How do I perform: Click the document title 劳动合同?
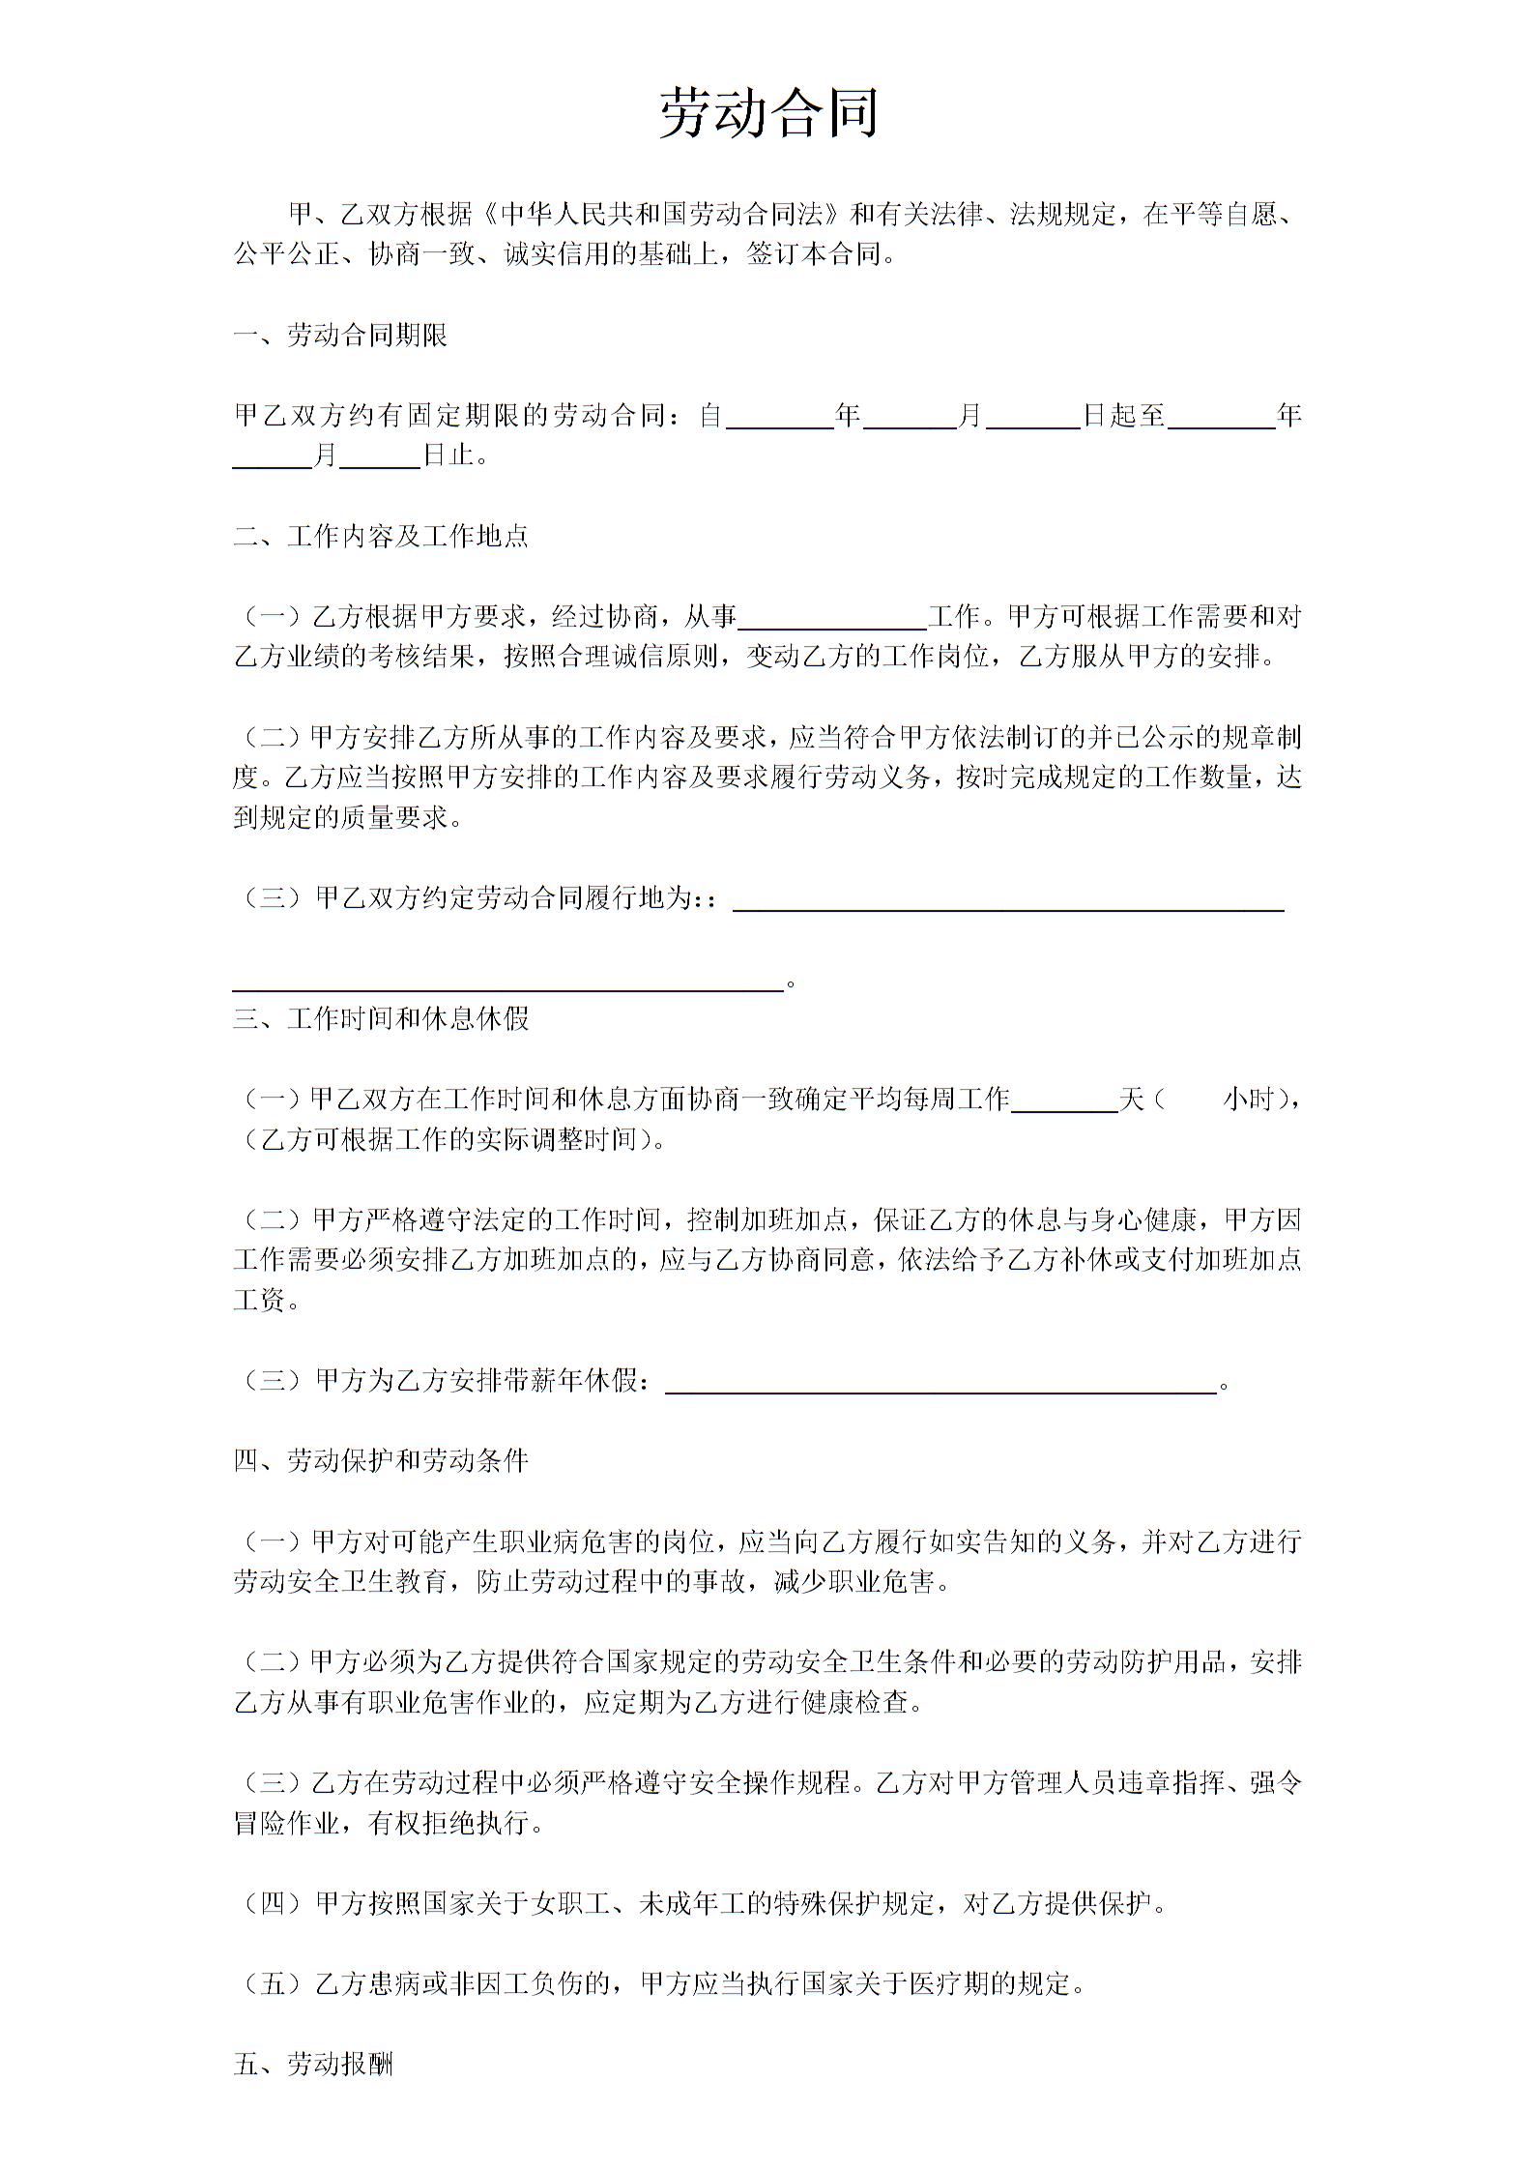click(768, 112)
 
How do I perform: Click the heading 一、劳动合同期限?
click(339, 336)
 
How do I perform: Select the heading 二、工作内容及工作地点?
click(380, 536)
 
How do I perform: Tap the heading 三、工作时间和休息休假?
click(380, 1018)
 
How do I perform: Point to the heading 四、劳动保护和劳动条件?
click(380, 1459)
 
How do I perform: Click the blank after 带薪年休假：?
click(940, 1383)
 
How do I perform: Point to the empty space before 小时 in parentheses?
click(1193, 1100)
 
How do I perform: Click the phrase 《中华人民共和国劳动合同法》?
click(662, 214)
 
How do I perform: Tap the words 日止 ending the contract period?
click(448, 455)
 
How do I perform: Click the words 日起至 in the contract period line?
click(1123, 416)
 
